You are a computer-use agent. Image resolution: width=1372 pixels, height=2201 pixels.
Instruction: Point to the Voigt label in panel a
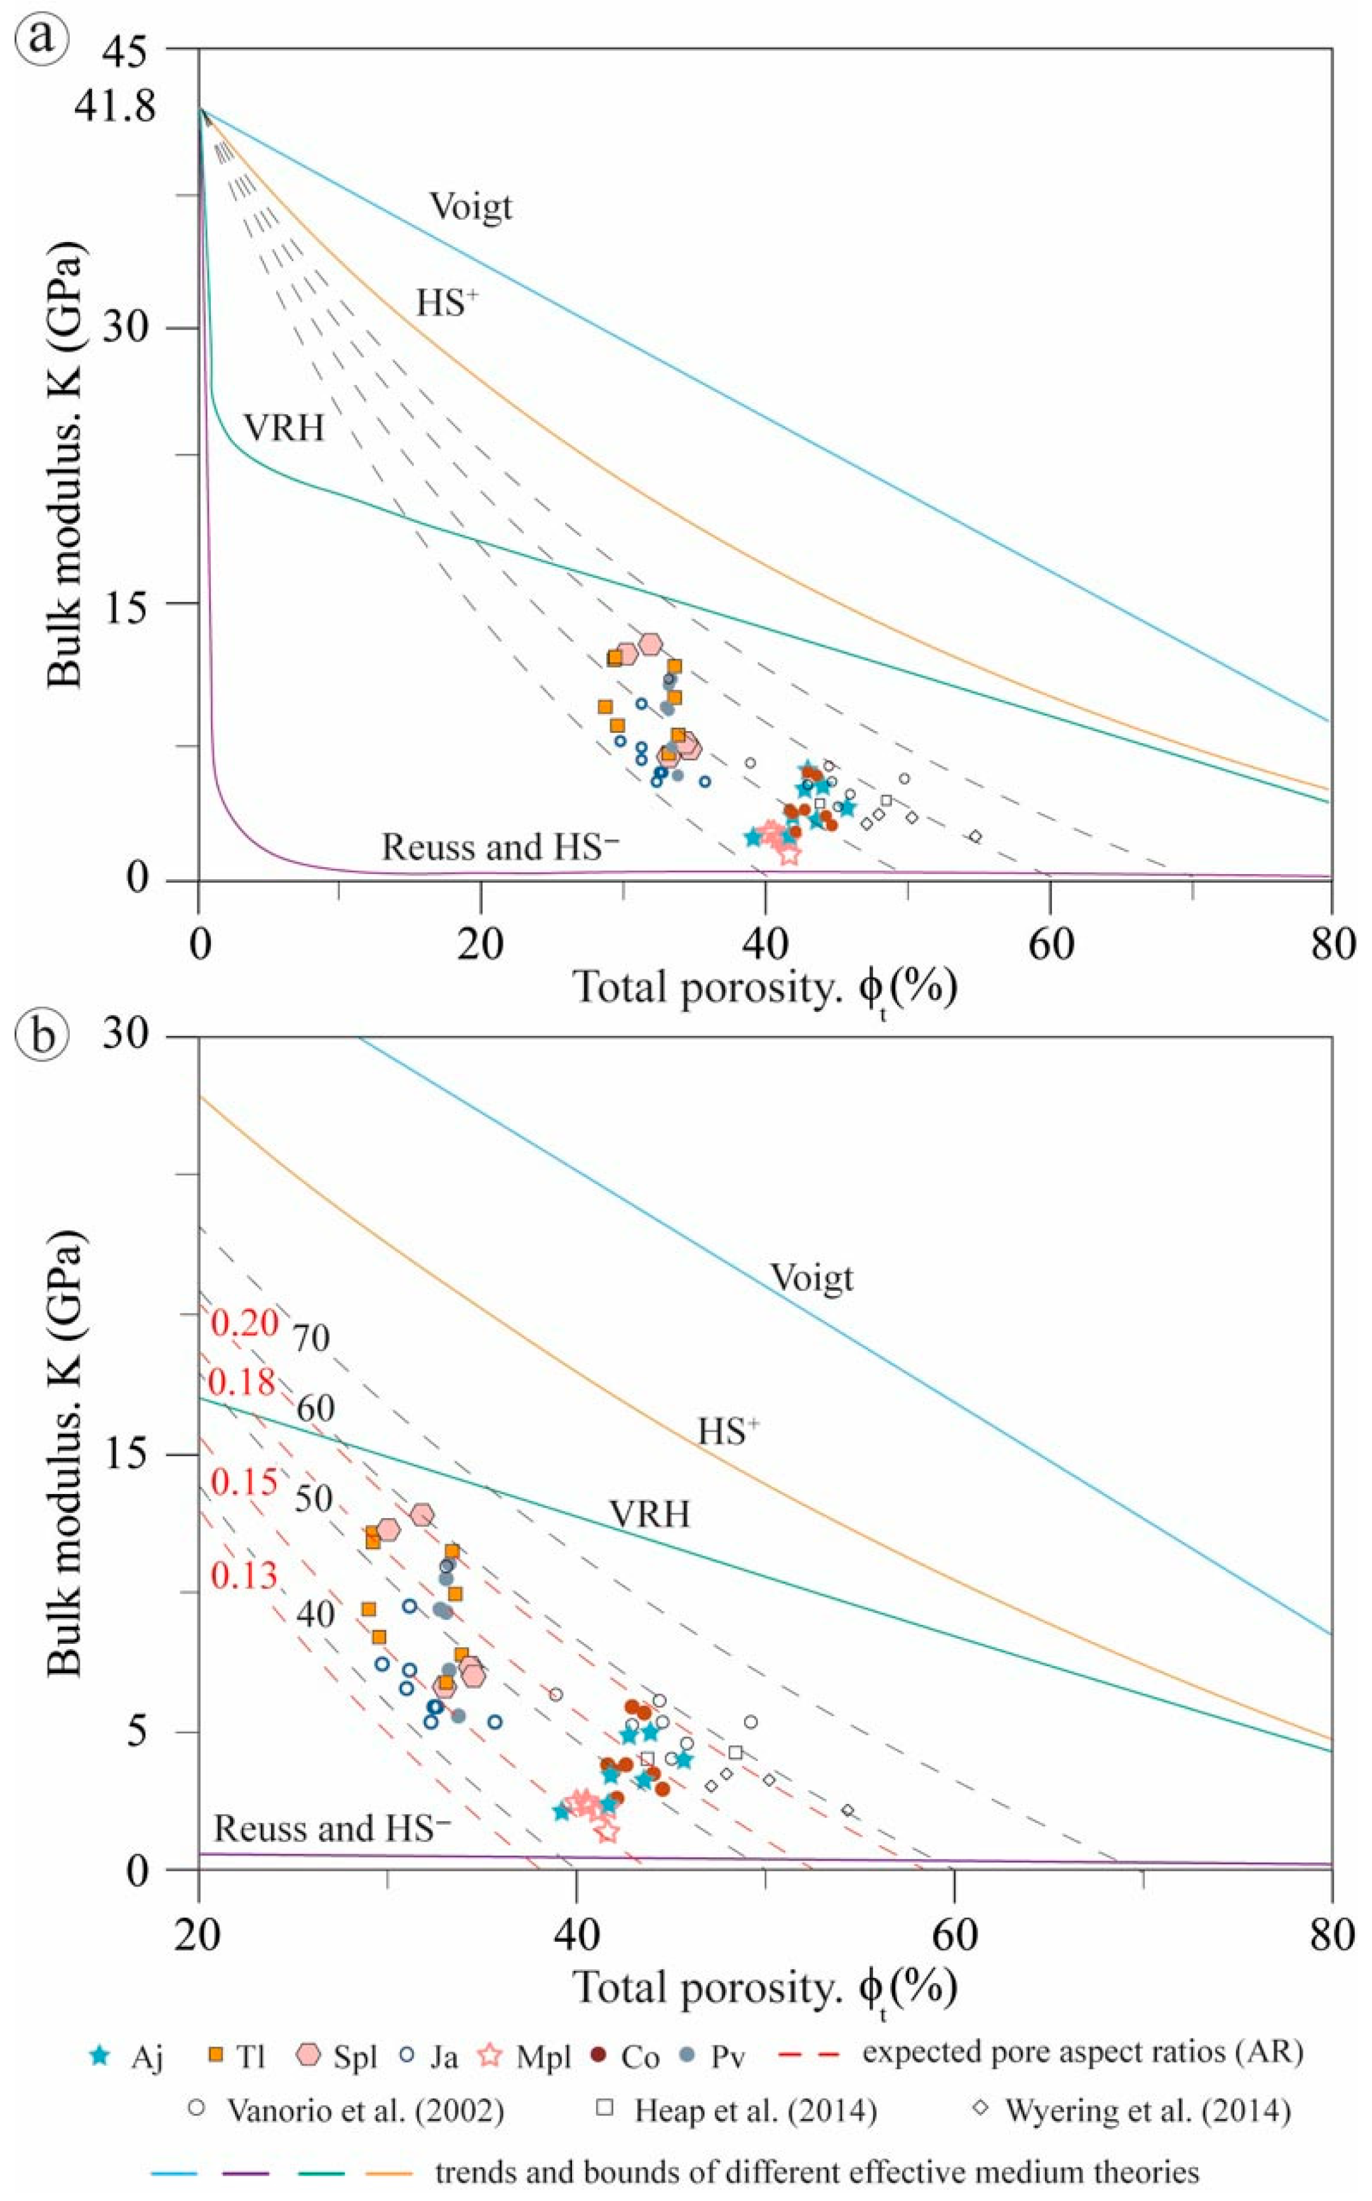(x=471, y=208)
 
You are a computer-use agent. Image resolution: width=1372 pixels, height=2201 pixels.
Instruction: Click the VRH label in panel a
(x=283, y=427)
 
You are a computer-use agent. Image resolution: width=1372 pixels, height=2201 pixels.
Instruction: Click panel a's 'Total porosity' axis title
(x=766, y=988)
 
